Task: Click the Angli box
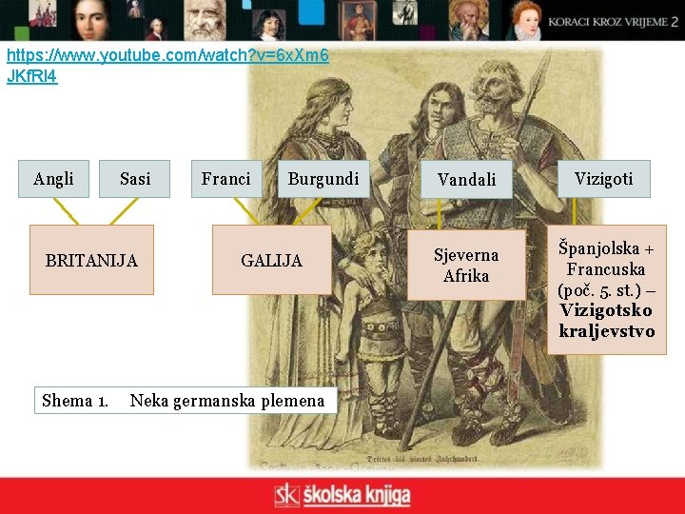pos(53,179)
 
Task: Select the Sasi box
pos(134,179)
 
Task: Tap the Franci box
pos(225,179)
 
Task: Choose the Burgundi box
pos(323,179)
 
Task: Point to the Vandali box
pos(466,179)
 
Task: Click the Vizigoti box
pos(603,178)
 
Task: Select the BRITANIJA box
pos(91,260)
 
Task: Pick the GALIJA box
pos(271,260)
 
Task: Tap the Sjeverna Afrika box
pos(466,266)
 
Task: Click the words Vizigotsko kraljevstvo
pos(607,321)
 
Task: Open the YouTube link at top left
pos(167,65)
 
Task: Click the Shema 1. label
pos(74,401)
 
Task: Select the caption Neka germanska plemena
pos(226,401)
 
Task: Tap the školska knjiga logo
pos(342,495)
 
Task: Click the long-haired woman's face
pos(330,103)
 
